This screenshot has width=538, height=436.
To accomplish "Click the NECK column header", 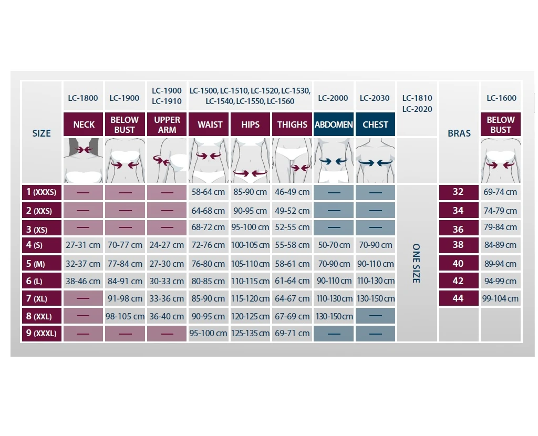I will click(x=84, y=124).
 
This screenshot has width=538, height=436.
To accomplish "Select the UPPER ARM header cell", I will click(x=167, y=124).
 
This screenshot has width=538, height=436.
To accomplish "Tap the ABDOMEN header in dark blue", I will click(x=334, y=124).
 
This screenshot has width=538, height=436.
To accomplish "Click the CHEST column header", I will click(x=375, y=124).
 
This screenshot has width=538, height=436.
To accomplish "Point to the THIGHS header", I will click(x=292, y=124).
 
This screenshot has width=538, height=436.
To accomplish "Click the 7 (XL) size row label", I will click(x=41, y=298).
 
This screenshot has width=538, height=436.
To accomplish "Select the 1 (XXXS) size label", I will click(x=41, y=192).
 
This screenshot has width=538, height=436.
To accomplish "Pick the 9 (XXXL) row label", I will click(x=41, y=333).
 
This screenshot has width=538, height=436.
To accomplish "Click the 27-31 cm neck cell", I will click(x=83, y=245).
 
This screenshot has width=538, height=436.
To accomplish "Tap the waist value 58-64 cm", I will click(x=208, y=192).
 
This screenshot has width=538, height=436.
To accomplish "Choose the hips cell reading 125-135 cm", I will click(x=250, y=333).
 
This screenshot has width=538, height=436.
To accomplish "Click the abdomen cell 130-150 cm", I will click(x=334, y=316).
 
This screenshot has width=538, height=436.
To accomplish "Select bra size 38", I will click(x=458, y=245).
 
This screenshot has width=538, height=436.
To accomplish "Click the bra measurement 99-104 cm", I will click(x=500, y=298).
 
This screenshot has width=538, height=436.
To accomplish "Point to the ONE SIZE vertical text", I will click(x=416, y=263).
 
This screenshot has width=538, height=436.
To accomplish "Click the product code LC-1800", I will click(x=83, y=98).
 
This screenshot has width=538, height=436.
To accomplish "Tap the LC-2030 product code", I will click(x=375, y=98).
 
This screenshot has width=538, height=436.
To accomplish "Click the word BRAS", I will click(x=459, y=133).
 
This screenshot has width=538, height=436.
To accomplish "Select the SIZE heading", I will click(x=42, y=133).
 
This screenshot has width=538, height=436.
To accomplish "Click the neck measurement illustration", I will click(x=83, y=160).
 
